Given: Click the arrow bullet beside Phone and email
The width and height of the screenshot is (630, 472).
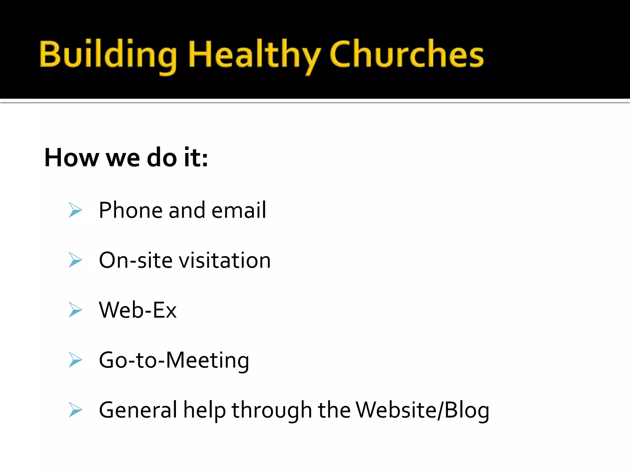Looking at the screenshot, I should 75,210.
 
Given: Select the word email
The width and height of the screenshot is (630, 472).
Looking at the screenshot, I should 239,210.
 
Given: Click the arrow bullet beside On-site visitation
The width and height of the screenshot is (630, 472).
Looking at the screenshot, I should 75,260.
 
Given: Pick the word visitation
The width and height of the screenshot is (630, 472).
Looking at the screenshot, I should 225,260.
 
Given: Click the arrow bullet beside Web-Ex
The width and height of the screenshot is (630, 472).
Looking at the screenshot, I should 75,310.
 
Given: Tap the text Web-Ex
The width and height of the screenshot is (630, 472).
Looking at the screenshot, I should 138,310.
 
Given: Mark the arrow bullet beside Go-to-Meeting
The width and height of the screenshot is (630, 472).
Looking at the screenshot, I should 75,360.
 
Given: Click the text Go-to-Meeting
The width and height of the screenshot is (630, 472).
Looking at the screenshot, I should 174,360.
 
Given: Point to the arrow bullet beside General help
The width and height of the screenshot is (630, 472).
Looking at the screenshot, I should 75,410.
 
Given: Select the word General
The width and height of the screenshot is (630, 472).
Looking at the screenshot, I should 138,410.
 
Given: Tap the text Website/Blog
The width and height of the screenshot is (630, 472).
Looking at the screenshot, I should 422,410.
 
